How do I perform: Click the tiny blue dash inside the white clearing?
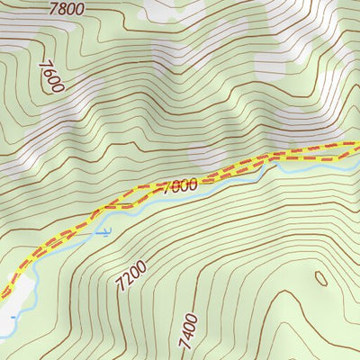click(13, 317)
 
